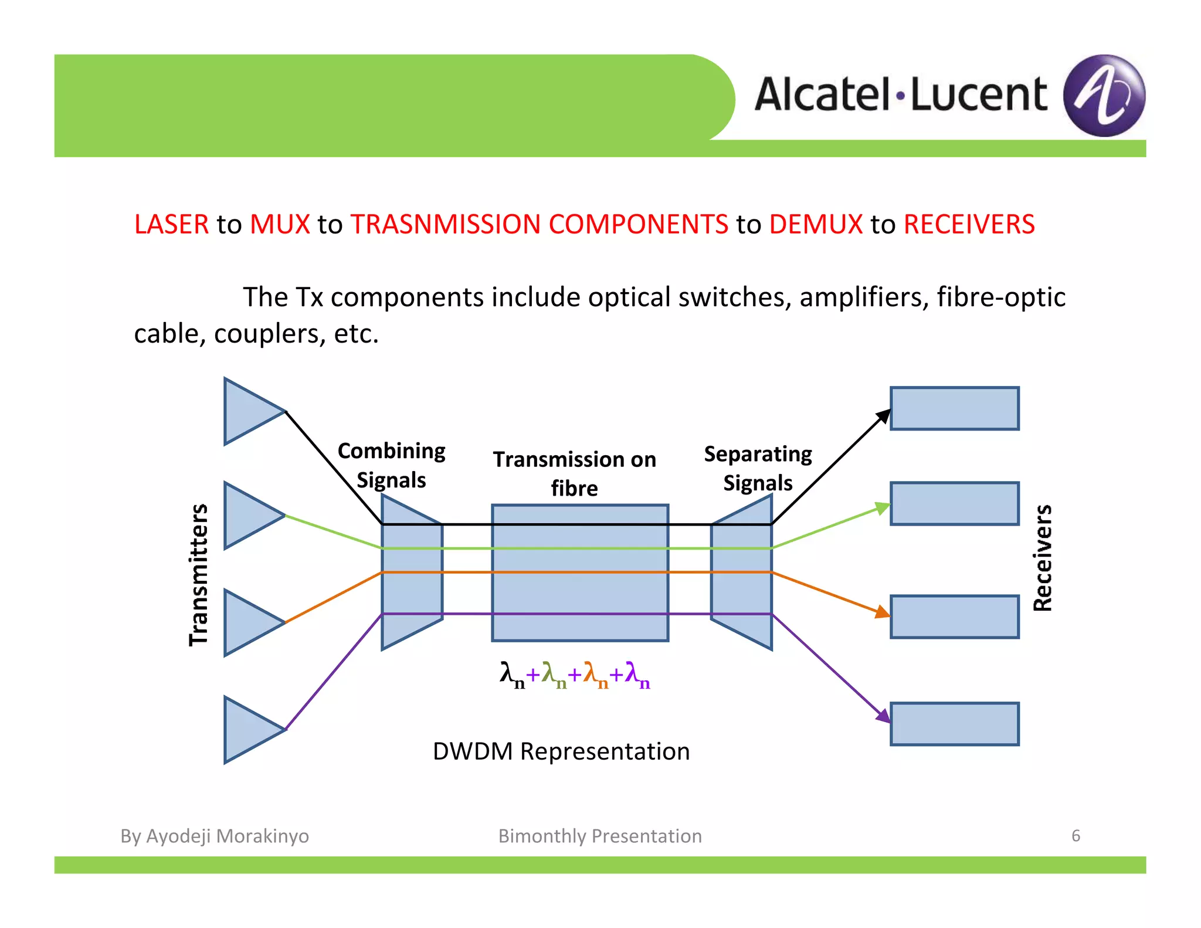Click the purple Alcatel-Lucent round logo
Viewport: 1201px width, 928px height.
click(1104, 96)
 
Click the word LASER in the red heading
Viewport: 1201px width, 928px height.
click(171, 225)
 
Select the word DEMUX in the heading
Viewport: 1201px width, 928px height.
click(815, 225)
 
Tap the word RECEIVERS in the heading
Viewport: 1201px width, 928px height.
click(969, 225)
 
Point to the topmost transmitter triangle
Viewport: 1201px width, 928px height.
click(249, 411)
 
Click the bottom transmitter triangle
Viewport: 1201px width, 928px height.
click(249, 730)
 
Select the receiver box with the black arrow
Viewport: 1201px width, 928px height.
click(954, 408)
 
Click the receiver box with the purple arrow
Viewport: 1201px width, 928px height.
click(954, 724)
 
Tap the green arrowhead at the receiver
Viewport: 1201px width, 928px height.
click(882, 507)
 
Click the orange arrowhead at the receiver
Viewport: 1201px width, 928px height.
click(882, 613)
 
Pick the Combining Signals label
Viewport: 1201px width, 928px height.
click(391, 465)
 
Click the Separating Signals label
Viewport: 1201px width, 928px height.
click(758, 468)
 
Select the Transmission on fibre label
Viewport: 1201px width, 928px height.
click(574, 473)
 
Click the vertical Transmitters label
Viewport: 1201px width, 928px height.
click(199, 575)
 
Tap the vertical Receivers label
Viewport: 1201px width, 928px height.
click(1043, 558)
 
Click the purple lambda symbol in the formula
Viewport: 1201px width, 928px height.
click(633, 672)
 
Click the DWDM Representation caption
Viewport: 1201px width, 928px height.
click(561, 751)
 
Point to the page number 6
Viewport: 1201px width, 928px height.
click(1076, 835)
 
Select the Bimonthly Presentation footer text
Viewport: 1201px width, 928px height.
click(600, 836)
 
